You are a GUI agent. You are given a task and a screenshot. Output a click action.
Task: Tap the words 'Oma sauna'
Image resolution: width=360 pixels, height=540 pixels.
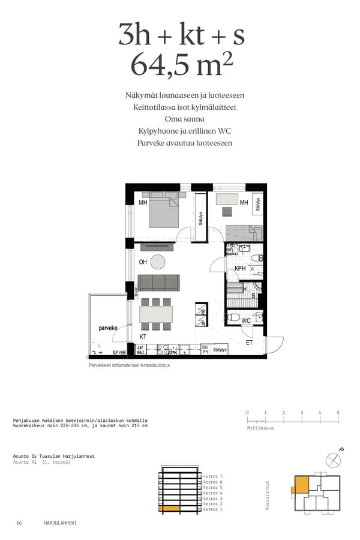click(180, 119)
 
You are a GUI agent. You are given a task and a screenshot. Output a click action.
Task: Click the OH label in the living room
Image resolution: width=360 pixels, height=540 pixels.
click(143, 262)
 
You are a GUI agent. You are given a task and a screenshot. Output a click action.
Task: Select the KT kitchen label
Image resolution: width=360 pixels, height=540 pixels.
click(143, 337)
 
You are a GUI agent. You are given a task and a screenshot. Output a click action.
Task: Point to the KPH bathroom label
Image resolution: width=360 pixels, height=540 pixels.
click(239, 269)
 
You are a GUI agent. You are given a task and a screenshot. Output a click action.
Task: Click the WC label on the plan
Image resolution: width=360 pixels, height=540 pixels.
click(245, 321)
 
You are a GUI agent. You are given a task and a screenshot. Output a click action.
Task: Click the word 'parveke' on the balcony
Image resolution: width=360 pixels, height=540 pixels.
click(108, 328)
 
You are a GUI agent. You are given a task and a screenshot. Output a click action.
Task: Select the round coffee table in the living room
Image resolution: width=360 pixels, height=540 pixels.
click(158, 262)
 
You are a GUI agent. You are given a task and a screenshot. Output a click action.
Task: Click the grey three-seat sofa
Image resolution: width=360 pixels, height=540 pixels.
click(158, 282)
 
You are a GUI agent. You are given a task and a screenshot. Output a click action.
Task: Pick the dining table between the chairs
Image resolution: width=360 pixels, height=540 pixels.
click(156, 314)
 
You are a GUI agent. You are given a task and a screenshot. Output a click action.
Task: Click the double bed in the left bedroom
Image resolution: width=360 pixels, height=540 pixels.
click(162, 213)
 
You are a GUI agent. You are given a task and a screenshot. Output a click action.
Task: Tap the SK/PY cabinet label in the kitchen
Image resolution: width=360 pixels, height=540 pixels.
click(205, 349)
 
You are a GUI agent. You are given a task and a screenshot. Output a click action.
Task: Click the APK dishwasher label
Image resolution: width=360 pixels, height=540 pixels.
click(173, 352)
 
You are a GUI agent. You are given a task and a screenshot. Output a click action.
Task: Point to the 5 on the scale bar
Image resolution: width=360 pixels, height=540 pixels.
click(338, 413)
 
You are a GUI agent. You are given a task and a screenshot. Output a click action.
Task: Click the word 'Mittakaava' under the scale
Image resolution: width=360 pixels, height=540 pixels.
click(260, 428)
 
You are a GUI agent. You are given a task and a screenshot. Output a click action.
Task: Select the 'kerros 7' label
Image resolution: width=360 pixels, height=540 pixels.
click(213, 475)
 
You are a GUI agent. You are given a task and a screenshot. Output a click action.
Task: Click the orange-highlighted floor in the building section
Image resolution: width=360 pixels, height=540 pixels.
click(169, 509)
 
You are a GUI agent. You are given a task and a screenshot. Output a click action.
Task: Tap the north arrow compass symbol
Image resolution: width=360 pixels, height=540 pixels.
click(332, 460)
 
